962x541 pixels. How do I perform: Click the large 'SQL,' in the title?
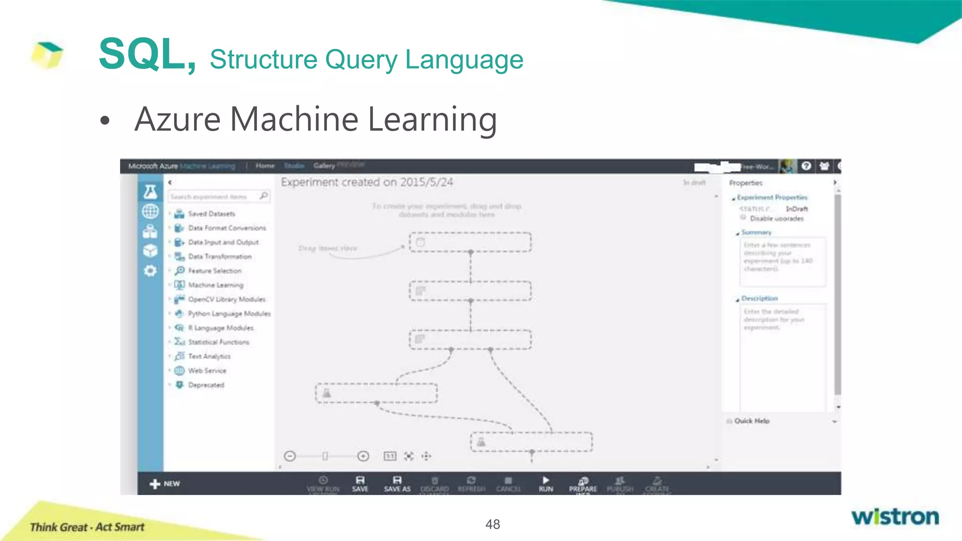tap(147, 54)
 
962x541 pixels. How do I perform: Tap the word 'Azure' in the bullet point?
tap(178, 119)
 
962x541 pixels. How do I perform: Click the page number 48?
tap(492, 524)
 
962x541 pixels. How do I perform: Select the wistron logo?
tap(895, 517)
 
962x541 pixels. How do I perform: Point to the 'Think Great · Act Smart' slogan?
tap(87, 527)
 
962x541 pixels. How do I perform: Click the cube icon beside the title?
tap(47, 54)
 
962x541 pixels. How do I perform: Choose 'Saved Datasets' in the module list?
tap(211, 214)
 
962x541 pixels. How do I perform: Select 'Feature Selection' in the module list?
tap(215, 271)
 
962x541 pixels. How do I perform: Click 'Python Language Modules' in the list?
tap(229, 314)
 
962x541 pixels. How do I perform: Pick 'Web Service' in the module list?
tap(207, 371)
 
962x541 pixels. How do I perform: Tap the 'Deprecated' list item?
tap(206, 385)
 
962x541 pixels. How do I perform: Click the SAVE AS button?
tap(397, 484)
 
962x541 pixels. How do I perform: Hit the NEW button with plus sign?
tap(165, 484)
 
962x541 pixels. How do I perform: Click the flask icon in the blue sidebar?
tap(150, 192)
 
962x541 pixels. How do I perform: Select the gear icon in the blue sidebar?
tap(150, 271)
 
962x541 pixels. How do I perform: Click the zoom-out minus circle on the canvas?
tap(290, 456)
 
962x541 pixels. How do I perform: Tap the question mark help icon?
tap(807, 166)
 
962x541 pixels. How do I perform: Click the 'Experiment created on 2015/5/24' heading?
tap(367, 182)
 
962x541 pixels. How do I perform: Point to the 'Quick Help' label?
tap(752, 421)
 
